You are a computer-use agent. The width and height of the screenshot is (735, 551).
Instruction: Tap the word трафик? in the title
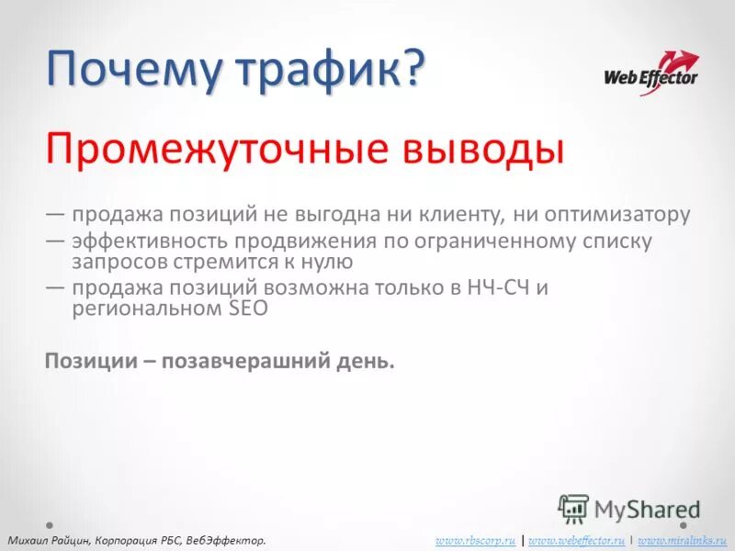point(348,71)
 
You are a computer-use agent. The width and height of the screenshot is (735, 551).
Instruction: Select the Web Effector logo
point(650,72)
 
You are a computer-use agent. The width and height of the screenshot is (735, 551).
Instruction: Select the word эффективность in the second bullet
point(149,242)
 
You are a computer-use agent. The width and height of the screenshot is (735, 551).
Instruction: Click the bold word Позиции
point(89,361)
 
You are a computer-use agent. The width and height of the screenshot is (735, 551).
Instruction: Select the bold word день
point(367,361)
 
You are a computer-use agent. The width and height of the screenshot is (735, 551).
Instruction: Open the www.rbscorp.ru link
point(475,540)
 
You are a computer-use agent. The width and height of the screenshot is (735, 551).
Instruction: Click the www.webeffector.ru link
point(577,540)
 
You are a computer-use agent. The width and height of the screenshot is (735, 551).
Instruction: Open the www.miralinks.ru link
point(683,540)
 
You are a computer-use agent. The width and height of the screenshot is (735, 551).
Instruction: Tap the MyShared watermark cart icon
point(573,508)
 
